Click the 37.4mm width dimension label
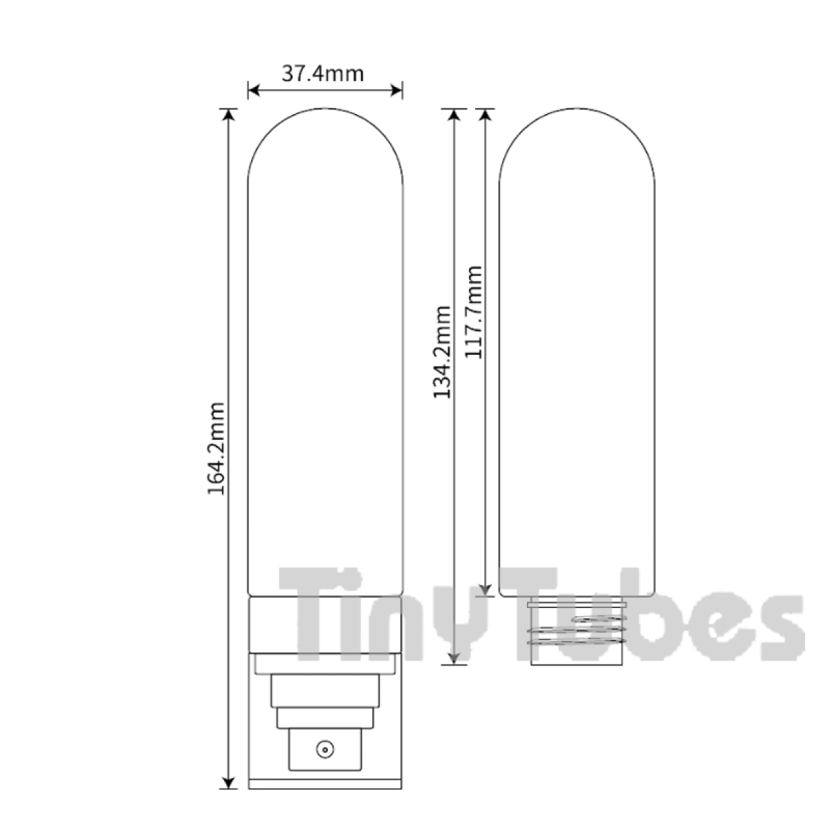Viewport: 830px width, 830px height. coord(322,73)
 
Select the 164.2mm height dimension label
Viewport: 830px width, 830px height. coord(216,448)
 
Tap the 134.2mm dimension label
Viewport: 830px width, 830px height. coord(442,352)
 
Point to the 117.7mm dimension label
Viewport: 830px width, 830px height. coord(473,312)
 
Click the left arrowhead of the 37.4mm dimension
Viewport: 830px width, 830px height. coord(254,91)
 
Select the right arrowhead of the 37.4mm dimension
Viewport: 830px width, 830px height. coord(396,91)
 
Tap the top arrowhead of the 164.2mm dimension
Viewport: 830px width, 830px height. coord(229,115)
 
